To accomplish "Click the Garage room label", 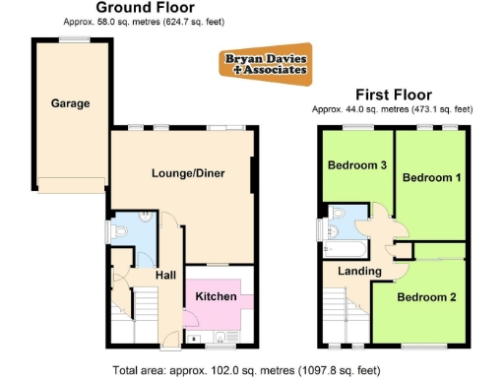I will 71,102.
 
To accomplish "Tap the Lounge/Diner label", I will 188,173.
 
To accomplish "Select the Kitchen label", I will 215,296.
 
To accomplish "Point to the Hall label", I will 166,276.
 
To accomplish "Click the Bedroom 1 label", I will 431,177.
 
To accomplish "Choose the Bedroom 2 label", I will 426,296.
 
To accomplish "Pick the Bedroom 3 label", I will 356,165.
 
